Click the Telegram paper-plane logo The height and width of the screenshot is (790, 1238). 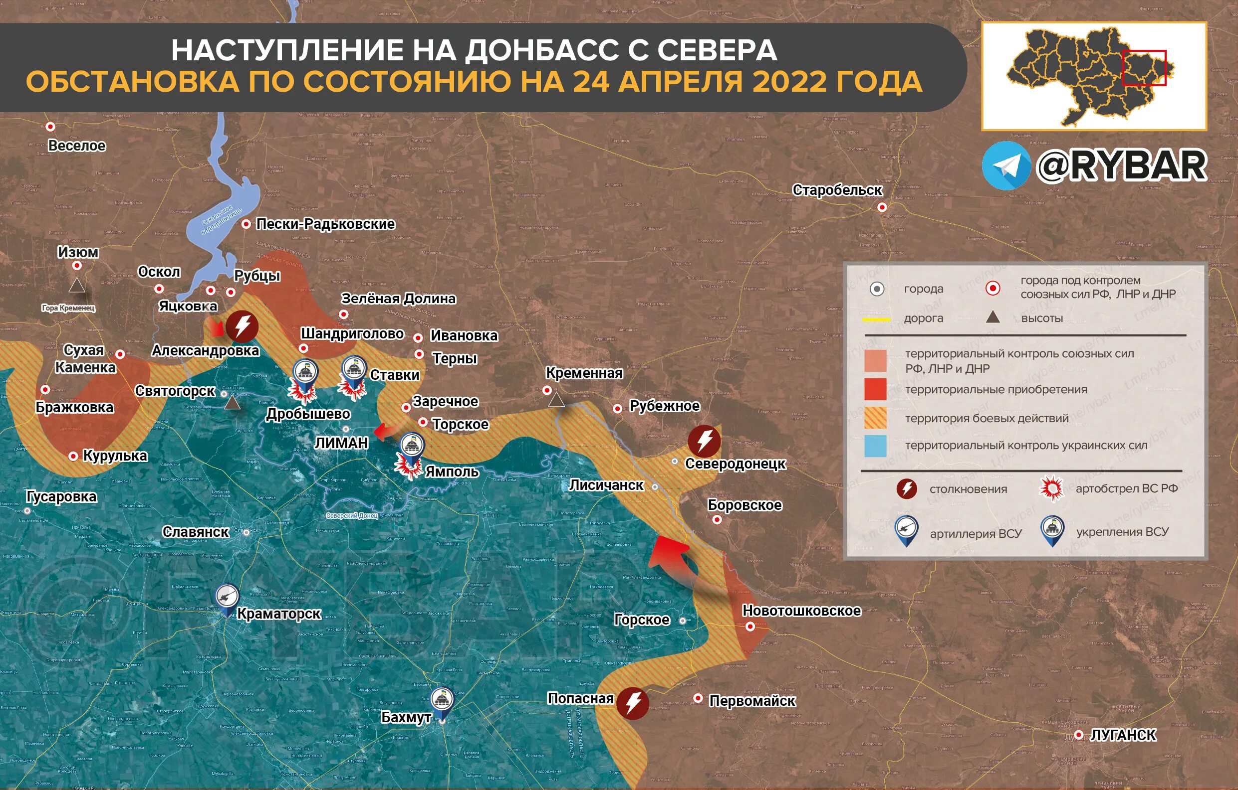pyautogui.click(x=1006, y=166)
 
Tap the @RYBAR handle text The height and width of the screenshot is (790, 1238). pyautogui.click(x=1121, y=166)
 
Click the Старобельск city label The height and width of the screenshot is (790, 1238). pyautogui.click(x=836, y=190)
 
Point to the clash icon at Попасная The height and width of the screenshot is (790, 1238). pyautogui.click(x=632, y=703)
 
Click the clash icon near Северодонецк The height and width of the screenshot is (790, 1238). pyautogui.click(x=704, y=441)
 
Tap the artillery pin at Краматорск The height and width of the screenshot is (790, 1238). pyautogui.click(x=227, y=598)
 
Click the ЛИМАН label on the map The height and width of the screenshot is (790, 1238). pyautogui.click(x=341, y=443)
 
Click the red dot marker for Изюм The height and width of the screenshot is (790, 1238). pyautogui.click(x=77, y=266)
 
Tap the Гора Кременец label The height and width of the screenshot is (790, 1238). pyautogui.click(x=68, y=308)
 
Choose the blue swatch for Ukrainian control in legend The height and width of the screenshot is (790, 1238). pyautogui.click(x=875, y=446)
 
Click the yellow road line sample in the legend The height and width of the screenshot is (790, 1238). pyautogui.click(x=876, y=319)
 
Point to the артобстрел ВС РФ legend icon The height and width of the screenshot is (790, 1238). pyautogui.click(x=1051, y=488)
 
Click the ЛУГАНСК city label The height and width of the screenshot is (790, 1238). pyautogui.click(x=1123, y=735)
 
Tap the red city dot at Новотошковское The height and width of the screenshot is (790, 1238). pyautogui.click(x=750, y=626)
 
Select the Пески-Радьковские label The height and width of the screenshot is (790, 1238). pyautogui.click(x=325, y=224)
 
